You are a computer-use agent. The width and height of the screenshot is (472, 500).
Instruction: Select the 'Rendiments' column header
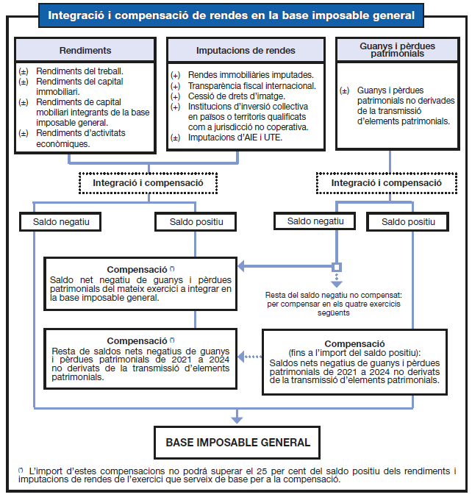85,50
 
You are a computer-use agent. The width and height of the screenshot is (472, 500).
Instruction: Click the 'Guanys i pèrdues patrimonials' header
398,49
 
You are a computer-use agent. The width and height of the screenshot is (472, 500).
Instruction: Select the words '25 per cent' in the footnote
268,470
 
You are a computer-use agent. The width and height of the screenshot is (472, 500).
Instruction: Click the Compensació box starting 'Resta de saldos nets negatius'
140,358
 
